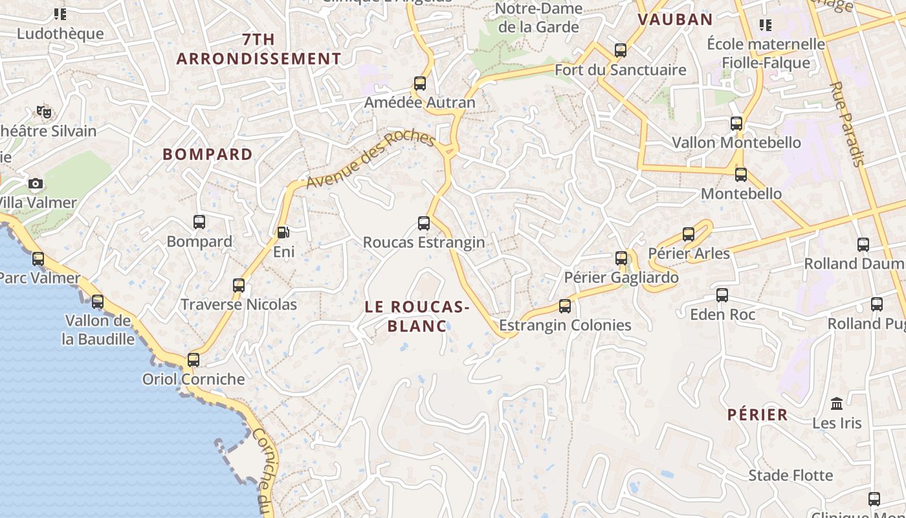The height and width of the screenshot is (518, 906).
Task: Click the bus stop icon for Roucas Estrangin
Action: coord(424,223)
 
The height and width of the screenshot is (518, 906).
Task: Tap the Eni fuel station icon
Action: coord(283,232)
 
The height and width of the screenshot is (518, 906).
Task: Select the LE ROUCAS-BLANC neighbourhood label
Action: coord(417,316)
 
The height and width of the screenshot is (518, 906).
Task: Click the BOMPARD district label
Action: coord(208,154)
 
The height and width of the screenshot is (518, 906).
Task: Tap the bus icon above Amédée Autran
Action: coord(420,84)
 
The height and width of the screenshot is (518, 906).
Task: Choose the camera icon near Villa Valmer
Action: coord(36,184)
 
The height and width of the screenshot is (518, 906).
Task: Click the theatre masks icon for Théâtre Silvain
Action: coord(44,112)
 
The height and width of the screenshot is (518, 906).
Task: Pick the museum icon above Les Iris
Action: coord(837,403)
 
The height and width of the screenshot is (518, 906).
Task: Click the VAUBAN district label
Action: coord(675,19)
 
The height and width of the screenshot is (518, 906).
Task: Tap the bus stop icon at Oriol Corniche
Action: coord(193,360)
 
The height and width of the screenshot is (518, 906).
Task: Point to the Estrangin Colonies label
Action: coord(565,325)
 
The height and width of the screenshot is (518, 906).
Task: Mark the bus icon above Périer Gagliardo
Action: coord(621,258)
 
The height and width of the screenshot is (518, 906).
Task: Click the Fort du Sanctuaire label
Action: coord(621,69)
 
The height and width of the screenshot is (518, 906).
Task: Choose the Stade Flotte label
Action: coord(791,475)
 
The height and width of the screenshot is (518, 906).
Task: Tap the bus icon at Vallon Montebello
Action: coord(736,124)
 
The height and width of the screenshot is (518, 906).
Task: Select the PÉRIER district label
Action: coord(757,414)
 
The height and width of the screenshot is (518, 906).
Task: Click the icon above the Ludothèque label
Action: coord(60,14)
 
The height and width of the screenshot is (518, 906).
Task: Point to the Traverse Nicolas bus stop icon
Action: coord(239,285)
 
